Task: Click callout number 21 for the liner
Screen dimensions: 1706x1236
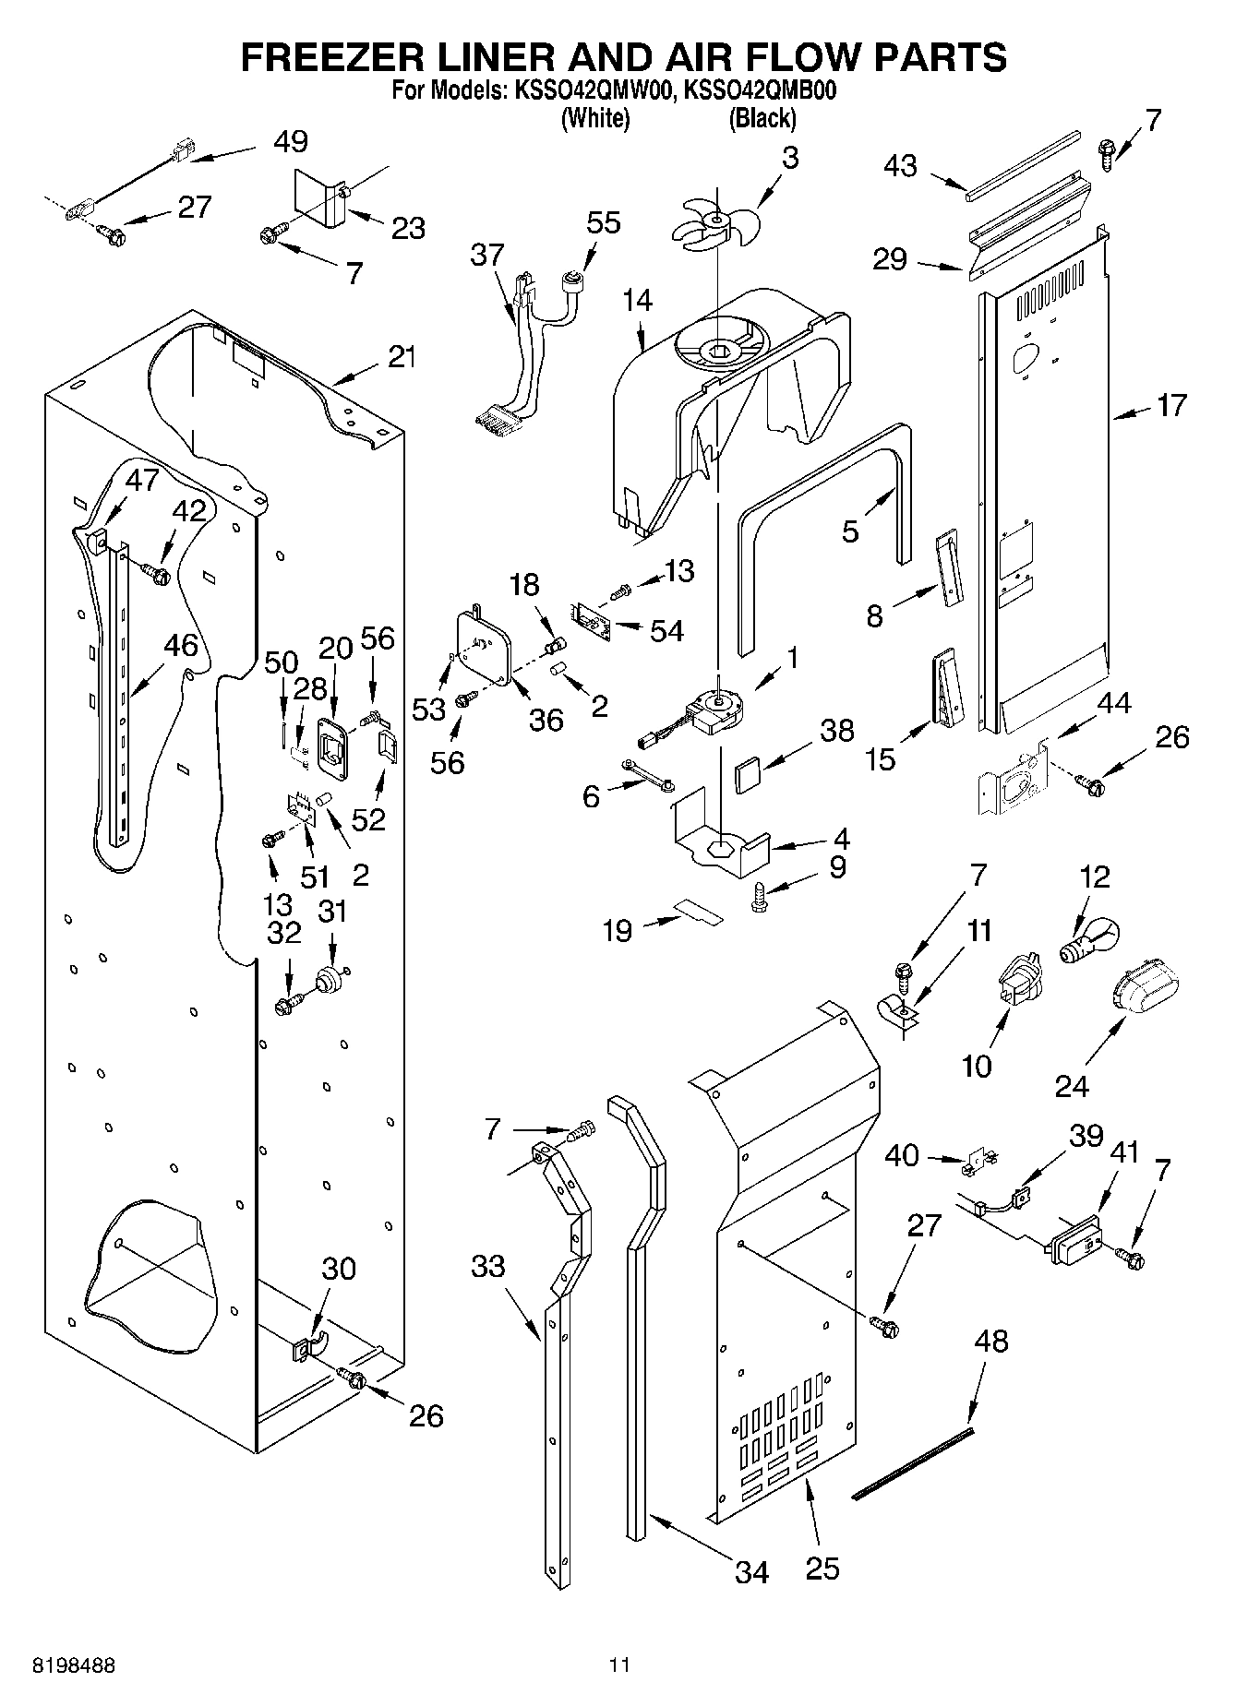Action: (401, 356)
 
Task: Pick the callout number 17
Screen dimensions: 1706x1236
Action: (1170, 405)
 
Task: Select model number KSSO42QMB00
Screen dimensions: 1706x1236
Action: (760, 91)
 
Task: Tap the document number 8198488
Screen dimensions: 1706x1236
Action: (74, 1665)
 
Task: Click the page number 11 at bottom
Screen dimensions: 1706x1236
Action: (618, 1665)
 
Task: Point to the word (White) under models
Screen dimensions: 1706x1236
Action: (595, 118)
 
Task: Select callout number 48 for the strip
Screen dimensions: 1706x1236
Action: (990, 1340)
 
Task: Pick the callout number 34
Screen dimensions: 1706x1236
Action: (751, 1571)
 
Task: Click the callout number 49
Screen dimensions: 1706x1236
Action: (291, 141)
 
